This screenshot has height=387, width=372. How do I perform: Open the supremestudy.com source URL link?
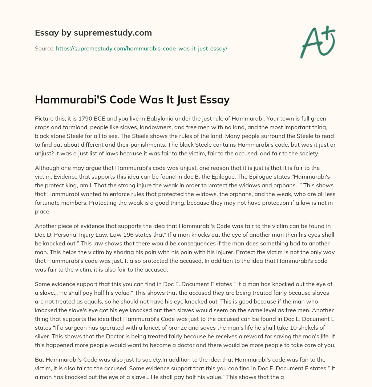[141, 48]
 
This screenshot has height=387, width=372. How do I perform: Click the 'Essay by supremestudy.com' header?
[93, 33]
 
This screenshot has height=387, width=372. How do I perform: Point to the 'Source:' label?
[44, 48]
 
